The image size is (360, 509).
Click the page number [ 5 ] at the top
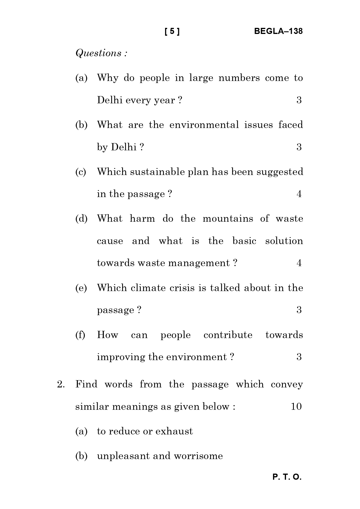[172, 31]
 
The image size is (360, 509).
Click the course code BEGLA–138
[278, 31]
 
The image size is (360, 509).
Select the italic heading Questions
[101, 53]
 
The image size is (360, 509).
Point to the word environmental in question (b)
[204, 125]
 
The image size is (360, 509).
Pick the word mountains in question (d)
[228, 219]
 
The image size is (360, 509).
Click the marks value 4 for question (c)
[299, 194]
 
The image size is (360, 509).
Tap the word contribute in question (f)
[228, 335]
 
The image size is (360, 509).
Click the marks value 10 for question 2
[296, 407]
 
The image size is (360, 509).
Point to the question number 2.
[61, 385]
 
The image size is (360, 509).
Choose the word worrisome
[198, 456]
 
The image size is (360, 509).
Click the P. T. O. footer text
[287, 477]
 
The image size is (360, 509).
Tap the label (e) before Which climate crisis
[81, 288]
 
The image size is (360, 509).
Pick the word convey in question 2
[287, 385]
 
